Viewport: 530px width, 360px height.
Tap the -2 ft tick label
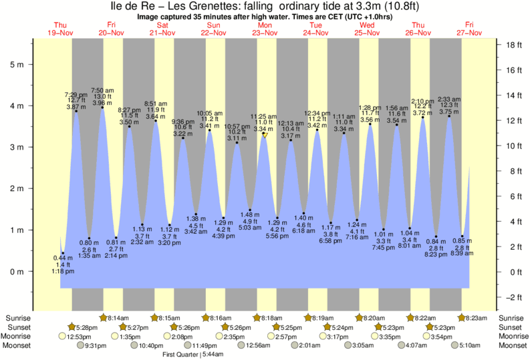click(x=512, y=297)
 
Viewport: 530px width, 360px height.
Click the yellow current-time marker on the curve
click(x=265, y=135)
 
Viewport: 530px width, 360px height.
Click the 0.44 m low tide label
click(x=63, y=258)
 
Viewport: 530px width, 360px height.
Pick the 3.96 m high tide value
click(x=102, y=104)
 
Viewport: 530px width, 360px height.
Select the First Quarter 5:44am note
click(x=193, y=354)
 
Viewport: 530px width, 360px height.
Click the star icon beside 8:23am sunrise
click(x=461, y=318)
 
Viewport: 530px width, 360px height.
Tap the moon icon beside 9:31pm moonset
click(x=82, y=345)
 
